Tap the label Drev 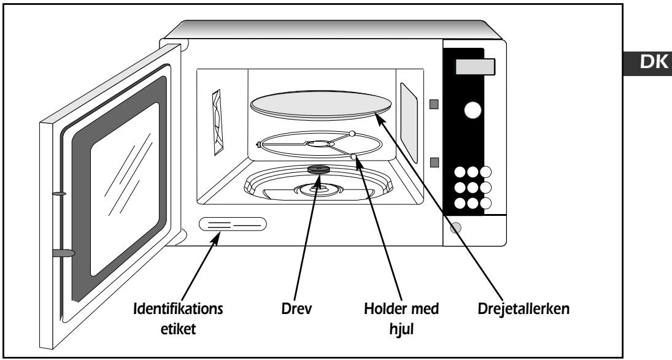tap(296, 308)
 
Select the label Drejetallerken tap(523, 308)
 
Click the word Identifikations tap(178, 308)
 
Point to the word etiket tap(178, 329)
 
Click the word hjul tap(401, 329)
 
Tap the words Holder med tap(401, 308)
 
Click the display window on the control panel tap(475, 67)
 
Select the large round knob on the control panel tap(473, 110)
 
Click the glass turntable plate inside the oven tap(321, 103)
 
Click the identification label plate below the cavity tap(233, 224)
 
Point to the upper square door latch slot tap(434, 104)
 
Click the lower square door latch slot tap(434, 163)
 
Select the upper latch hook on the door tap(59, 194)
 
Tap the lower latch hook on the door tap(63, 253)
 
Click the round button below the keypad tap(455, 228)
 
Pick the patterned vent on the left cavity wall tap(218, 123)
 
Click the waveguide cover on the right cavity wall tap(409, 123)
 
